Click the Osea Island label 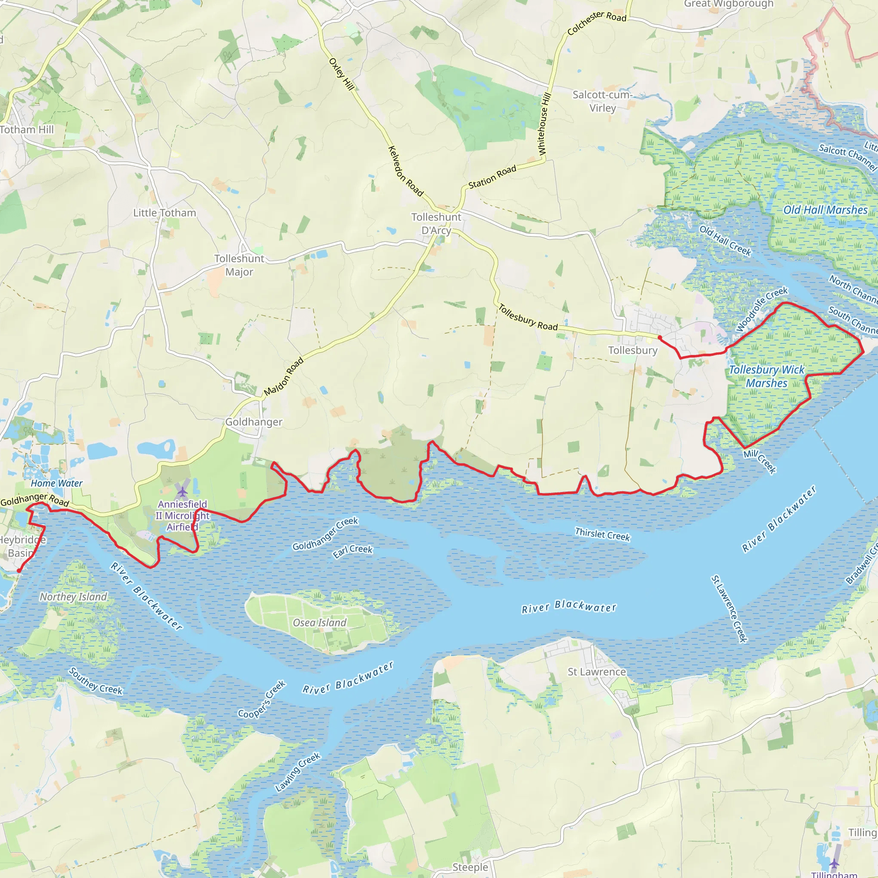319,622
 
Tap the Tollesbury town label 633,350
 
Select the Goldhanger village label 254,422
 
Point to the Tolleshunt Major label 239,265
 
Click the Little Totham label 165,213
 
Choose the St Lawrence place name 596,672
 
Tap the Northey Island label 73,597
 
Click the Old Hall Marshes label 825,210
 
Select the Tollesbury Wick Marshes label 766,376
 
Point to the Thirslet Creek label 602,535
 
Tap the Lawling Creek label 298,772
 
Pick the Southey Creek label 96,681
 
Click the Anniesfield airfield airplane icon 182,492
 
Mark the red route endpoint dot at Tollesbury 659,337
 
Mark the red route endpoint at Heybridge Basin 18,571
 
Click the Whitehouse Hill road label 544,124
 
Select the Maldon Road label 283,377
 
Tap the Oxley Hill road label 341,74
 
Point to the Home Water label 57,483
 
